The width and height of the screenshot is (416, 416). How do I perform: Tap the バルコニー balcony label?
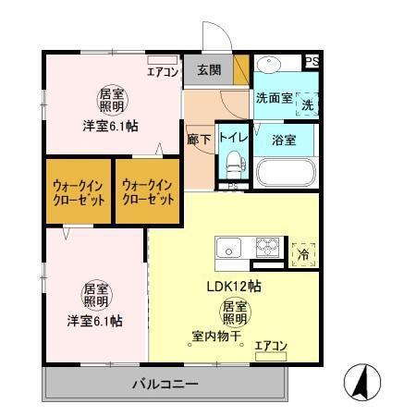(165, 383)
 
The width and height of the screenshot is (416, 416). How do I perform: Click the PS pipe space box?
(313, 62)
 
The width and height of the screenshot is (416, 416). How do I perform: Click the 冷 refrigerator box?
(303, 252)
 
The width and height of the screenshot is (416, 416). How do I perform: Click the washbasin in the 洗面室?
(270, 67)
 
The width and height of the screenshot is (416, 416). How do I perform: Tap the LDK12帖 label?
(232, 287)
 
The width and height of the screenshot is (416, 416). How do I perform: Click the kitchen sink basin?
(228, 248)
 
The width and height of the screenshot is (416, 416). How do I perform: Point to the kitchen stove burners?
(269, 248)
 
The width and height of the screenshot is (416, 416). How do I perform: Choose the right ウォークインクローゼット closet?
(148, 191)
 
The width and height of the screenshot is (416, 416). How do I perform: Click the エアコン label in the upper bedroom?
(161, 69)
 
